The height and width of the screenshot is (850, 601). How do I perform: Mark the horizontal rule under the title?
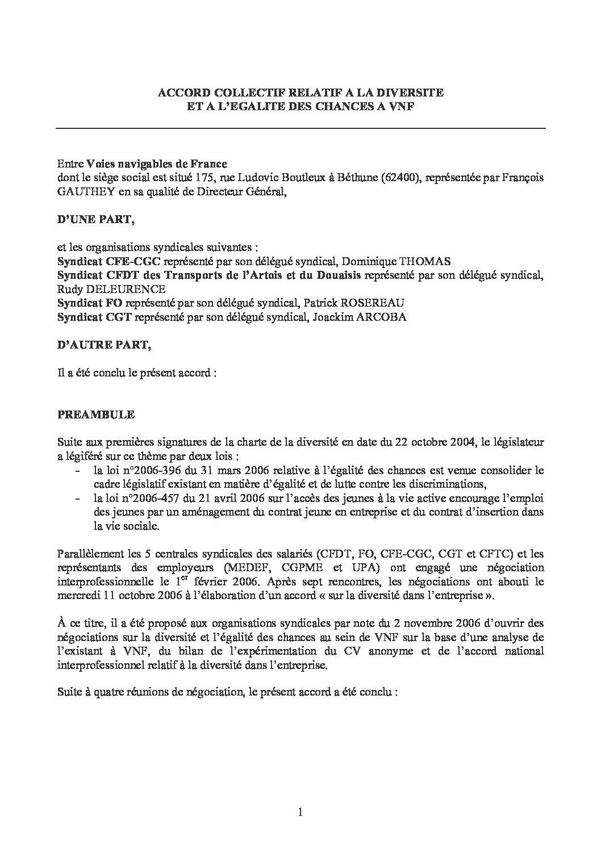[300, 128]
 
